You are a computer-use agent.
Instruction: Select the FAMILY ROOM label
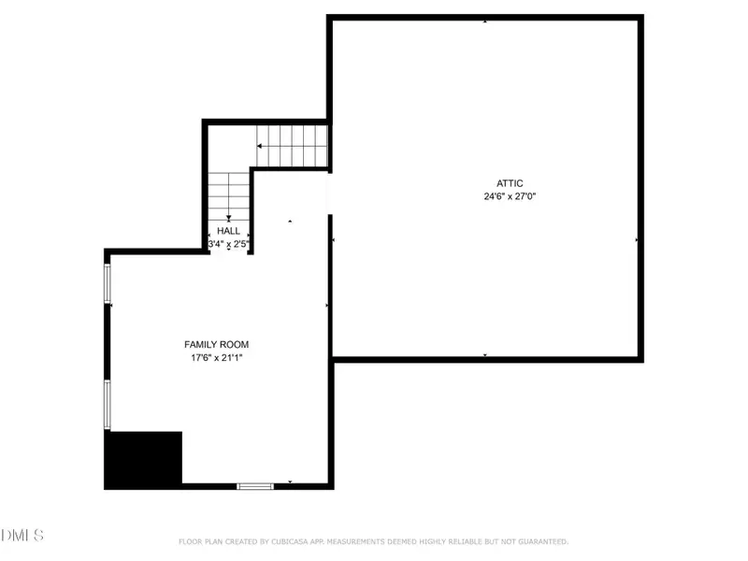point(216,344)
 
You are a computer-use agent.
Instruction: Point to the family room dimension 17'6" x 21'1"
point(216,357)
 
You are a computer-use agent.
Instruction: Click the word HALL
point(228,230)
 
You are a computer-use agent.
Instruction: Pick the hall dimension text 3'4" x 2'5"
point(228,244)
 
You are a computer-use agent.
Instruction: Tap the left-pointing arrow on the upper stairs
point(260,146)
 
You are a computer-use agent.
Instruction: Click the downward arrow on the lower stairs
point(228,217)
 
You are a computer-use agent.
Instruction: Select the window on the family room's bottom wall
point(254,486)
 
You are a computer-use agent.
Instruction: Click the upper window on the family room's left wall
point(108,282)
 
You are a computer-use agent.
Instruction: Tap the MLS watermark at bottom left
point(22,535)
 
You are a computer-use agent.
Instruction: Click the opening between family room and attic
point(329,193)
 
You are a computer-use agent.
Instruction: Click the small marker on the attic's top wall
point(484,21)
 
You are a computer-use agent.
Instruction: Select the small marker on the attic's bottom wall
point(484,355)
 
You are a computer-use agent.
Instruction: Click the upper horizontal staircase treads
point(295,146)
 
